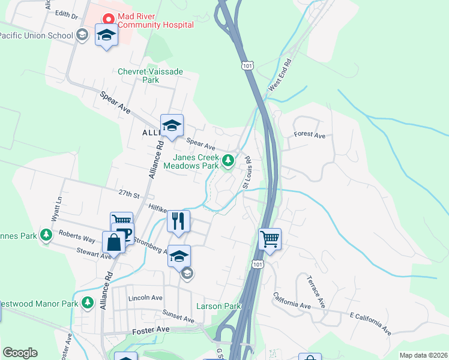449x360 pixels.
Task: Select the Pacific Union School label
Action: (x=36, y=35)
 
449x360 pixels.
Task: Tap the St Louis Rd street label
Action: (x=246, y=173)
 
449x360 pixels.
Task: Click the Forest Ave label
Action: (x=309, y=135)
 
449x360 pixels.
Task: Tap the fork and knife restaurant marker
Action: (x=178, y=221)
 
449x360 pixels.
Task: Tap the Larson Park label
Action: (x=218, y=306)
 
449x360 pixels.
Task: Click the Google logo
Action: (x=20, y=353)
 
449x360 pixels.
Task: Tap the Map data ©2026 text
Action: (x=423, y=355)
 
